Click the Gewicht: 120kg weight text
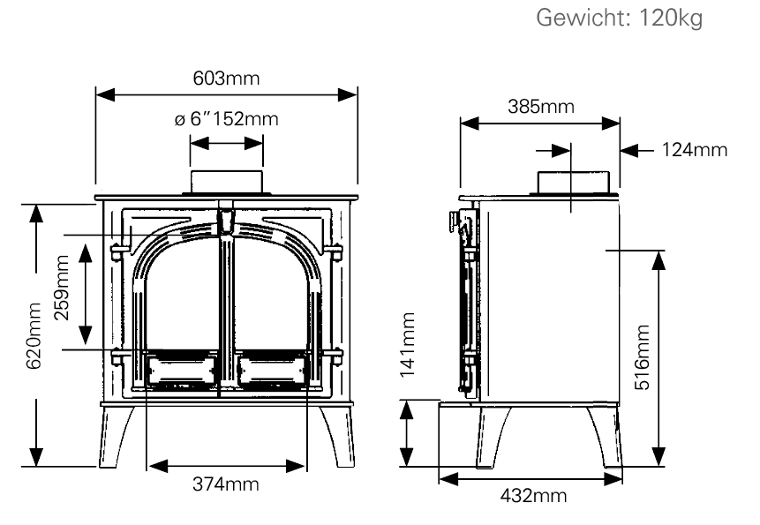[619, 19]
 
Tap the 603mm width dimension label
[226, 78]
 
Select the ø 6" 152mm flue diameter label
[226, 118]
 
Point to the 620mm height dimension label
[34, 335]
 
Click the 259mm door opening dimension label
[62, 287]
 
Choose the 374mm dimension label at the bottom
[226, 484]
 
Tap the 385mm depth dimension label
[541, 106]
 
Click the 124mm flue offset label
[695, 150]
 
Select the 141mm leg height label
[407, 345]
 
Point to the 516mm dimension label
[643, 357]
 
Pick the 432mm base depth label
[533, 496]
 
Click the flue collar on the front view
[226, 183]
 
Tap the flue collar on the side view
[574, 183]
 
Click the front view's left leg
[116, 437]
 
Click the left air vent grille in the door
[182, 370]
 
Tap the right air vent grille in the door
[272, 370]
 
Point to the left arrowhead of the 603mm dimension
[105, 94]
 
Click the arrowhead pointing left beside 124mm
[629, 151]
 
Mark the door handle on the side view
[455, 221]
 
